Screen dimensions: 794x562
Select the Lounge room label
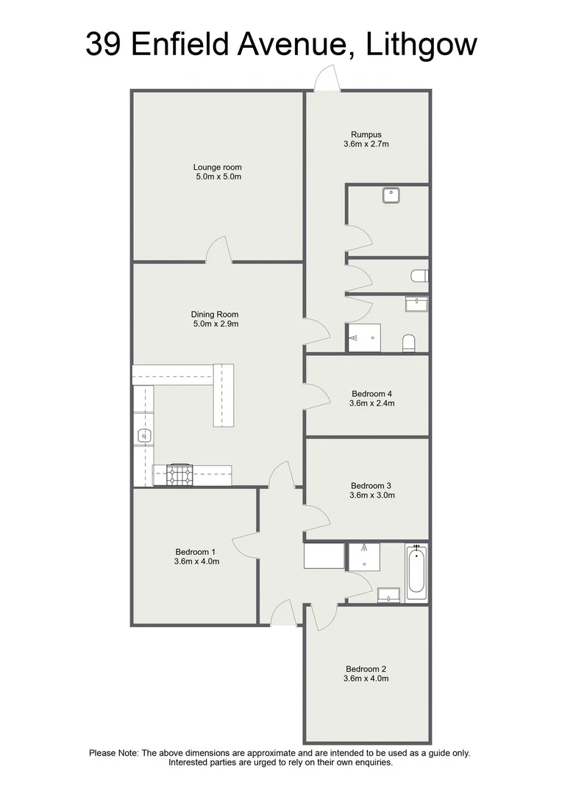tap(218, 167)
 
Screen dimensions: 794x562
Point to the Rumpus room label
tap(366, 135)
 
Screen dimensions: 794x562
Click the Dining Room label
tap(215, 314)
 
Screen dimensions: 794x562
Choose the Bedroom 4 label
tap(372, 393)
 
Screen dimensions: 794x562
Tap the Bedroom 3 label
tap(371, 485)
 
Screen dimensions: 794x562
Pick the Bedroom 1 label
tap(196, 552)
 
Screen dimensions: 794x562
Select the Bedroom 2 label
tap(366, 669)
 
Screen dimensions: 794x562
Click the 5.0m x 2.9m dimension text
tap(215, 323)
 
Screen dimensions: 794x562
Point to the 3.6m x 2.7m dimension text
tap(366, 144)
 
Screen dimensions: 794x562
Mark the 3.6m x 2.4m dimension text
tap(372, 403)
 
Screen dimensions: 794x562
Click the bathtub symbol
tap(416, 571)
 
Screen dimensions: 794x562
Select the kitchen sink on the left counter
tap(143, 436)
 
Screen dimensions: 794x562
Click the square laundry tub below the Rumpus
tap(391, 196)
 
